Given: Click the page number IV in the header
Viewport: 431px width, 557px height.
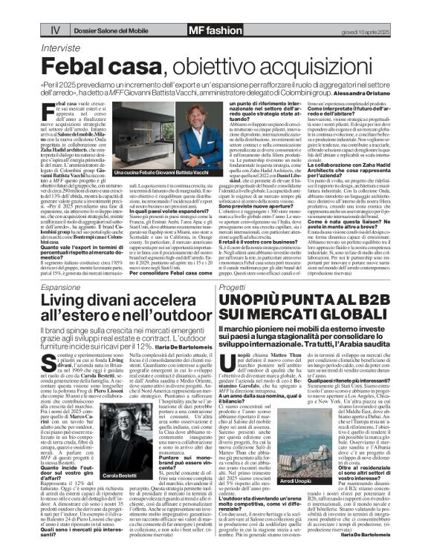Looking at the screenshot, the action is [x=13, y=10].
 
